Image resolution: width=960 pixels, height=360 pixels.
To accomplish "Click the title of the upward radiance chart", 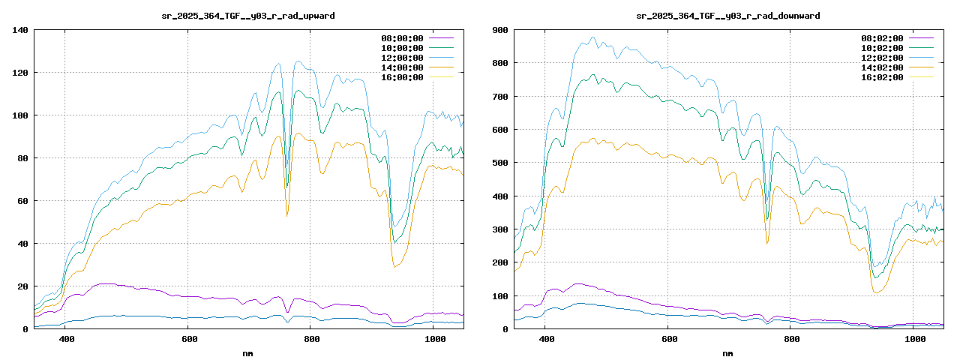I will [248, 16].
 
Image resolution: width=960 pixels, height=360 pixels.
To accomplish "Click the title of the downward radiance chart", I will [728, 16].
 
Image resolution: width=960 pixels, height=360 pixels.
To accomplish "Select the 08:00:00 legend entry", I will [402, 38].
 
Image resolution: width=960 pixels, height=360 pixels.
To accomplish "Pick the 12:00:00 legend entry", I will [402, 58].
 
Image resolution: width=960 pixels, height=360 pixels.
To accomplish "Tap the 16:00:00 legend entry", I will [402, 77].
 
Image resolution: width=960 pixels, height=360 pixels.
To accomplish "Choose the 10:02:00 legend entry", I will [882, 48].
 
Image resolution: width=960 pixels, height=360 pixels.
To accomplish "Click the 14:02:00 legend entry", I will [882, 67].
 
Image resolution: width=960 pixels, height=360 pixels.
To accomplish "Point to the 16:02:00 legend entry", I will [882, 77].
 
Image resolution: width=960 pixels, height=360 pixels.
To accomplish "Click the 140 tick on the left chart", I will [20, 30].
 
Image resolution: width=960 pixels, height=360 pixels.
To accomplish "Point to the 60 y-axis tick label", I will [23, 201].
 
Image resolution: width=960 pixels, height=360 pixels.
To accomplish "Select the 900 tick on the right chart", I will [500, 30].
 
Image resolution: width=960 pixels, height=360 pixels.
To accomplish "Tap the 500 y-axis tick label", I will [500, 163].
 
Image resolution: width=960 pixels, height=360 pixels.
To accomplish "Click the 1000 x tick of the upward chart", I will [435, 340].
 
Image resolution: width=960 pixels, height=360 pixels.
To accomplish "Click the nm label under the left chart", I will [248, 352].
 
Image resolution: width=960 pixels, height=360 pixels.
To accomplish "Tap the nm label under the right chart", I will [728, 352].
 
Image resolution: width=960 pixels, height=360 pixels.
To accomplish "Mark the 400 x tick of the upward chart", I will [66, 340].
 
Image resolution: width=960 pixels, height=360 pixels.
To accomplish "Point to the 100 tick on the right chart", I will [500, 295].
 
